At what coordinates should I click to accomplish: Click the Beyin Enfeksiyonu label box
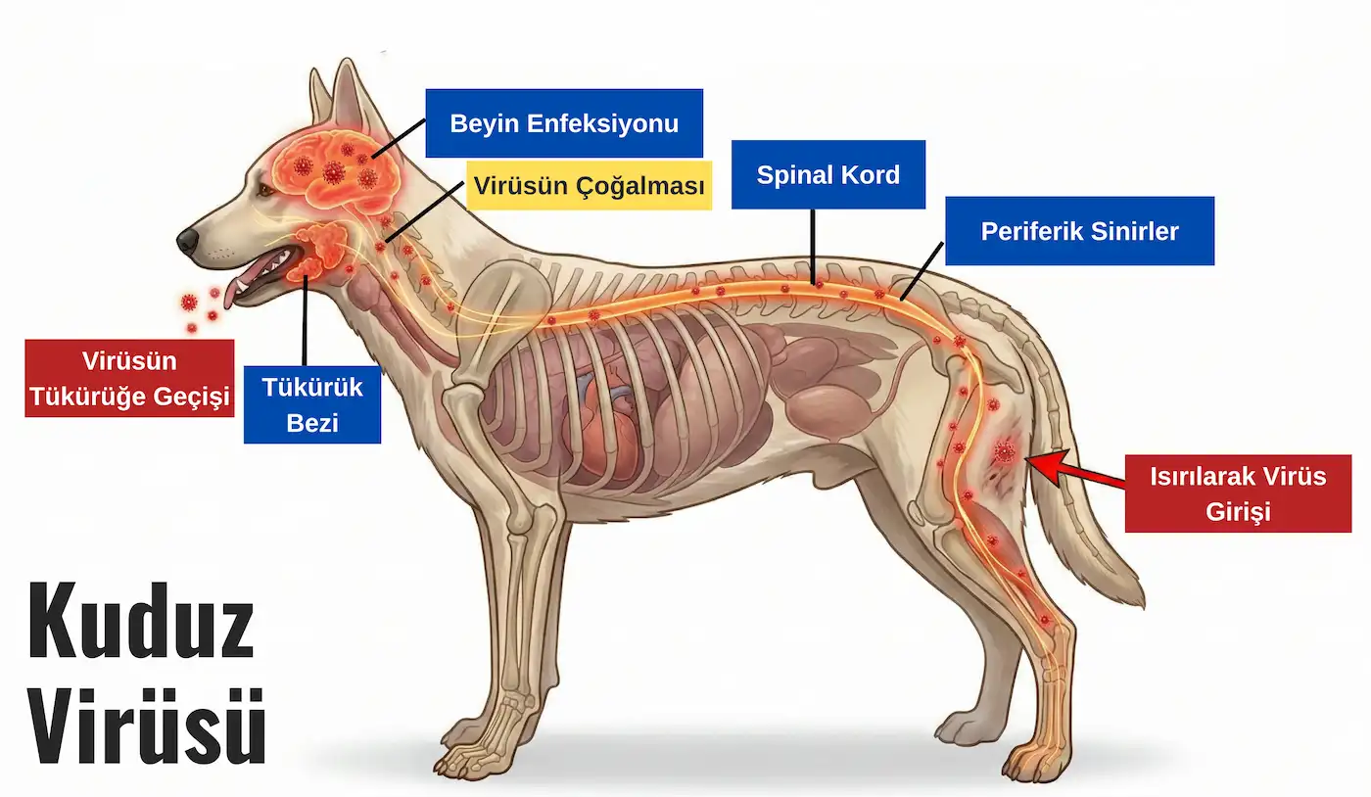[564, 123]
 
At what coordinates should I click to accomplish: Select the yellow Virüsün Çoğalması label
[589, 185]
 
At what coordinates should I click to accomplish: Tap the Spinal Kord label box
[828, 175]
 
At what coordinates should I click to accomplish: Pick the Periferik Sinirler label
[1079, 231]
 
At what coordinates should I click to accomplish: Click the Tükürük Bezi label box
[311, 404]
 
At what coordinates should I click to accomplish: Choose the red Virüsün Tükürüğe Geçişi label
[129, 378]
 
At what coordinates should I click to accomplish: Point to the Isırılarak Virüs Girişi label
[1238, 493]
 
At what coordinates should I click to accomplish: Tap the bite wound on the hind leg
[1005, 452]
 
